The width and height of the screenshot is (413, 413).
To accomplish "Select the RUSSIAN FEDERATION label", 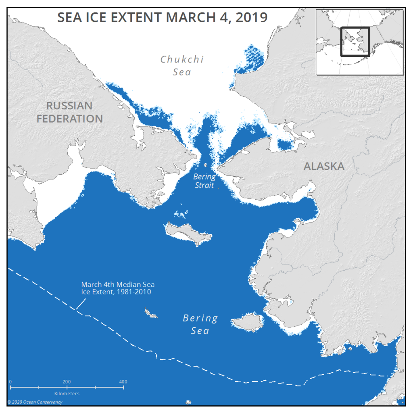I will [x=69, y=112].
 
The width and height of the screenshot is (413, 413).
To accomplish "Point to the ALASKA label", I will [x=324, y=166].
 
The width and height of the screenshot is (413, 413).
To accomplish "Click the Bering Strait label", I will [x=204, y=181].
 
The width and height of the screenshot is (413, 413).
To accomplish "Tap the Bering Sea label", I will [x=200, y=324].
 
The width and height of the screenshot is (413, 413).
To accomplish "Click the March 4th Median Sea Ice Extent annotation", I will [x=117, y=288].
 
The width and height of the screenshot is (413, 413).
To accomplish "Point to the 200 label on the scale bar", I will [x=67, y=382].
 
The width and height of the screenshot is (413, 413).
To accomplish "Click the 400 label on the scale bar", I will [x=123, y=382].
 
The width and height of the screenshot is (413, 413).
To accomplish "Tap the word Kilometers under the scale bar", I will [x=67, y=393].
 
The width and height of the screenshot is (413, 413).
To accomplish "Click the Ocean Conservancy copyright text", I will [x=35, y=402].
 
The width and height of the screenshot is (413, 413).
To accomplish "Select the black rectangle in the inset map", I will [x=355, y=42].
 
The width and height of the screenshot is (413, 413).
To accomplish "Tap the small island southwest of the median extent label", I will [x=151, y=313].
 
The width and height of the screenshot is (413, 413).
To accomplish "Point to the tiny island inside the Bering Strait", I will [x=206, y=165].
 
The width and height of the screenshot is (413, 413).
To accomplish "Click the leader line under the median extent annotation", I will [x=80, y=306].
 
